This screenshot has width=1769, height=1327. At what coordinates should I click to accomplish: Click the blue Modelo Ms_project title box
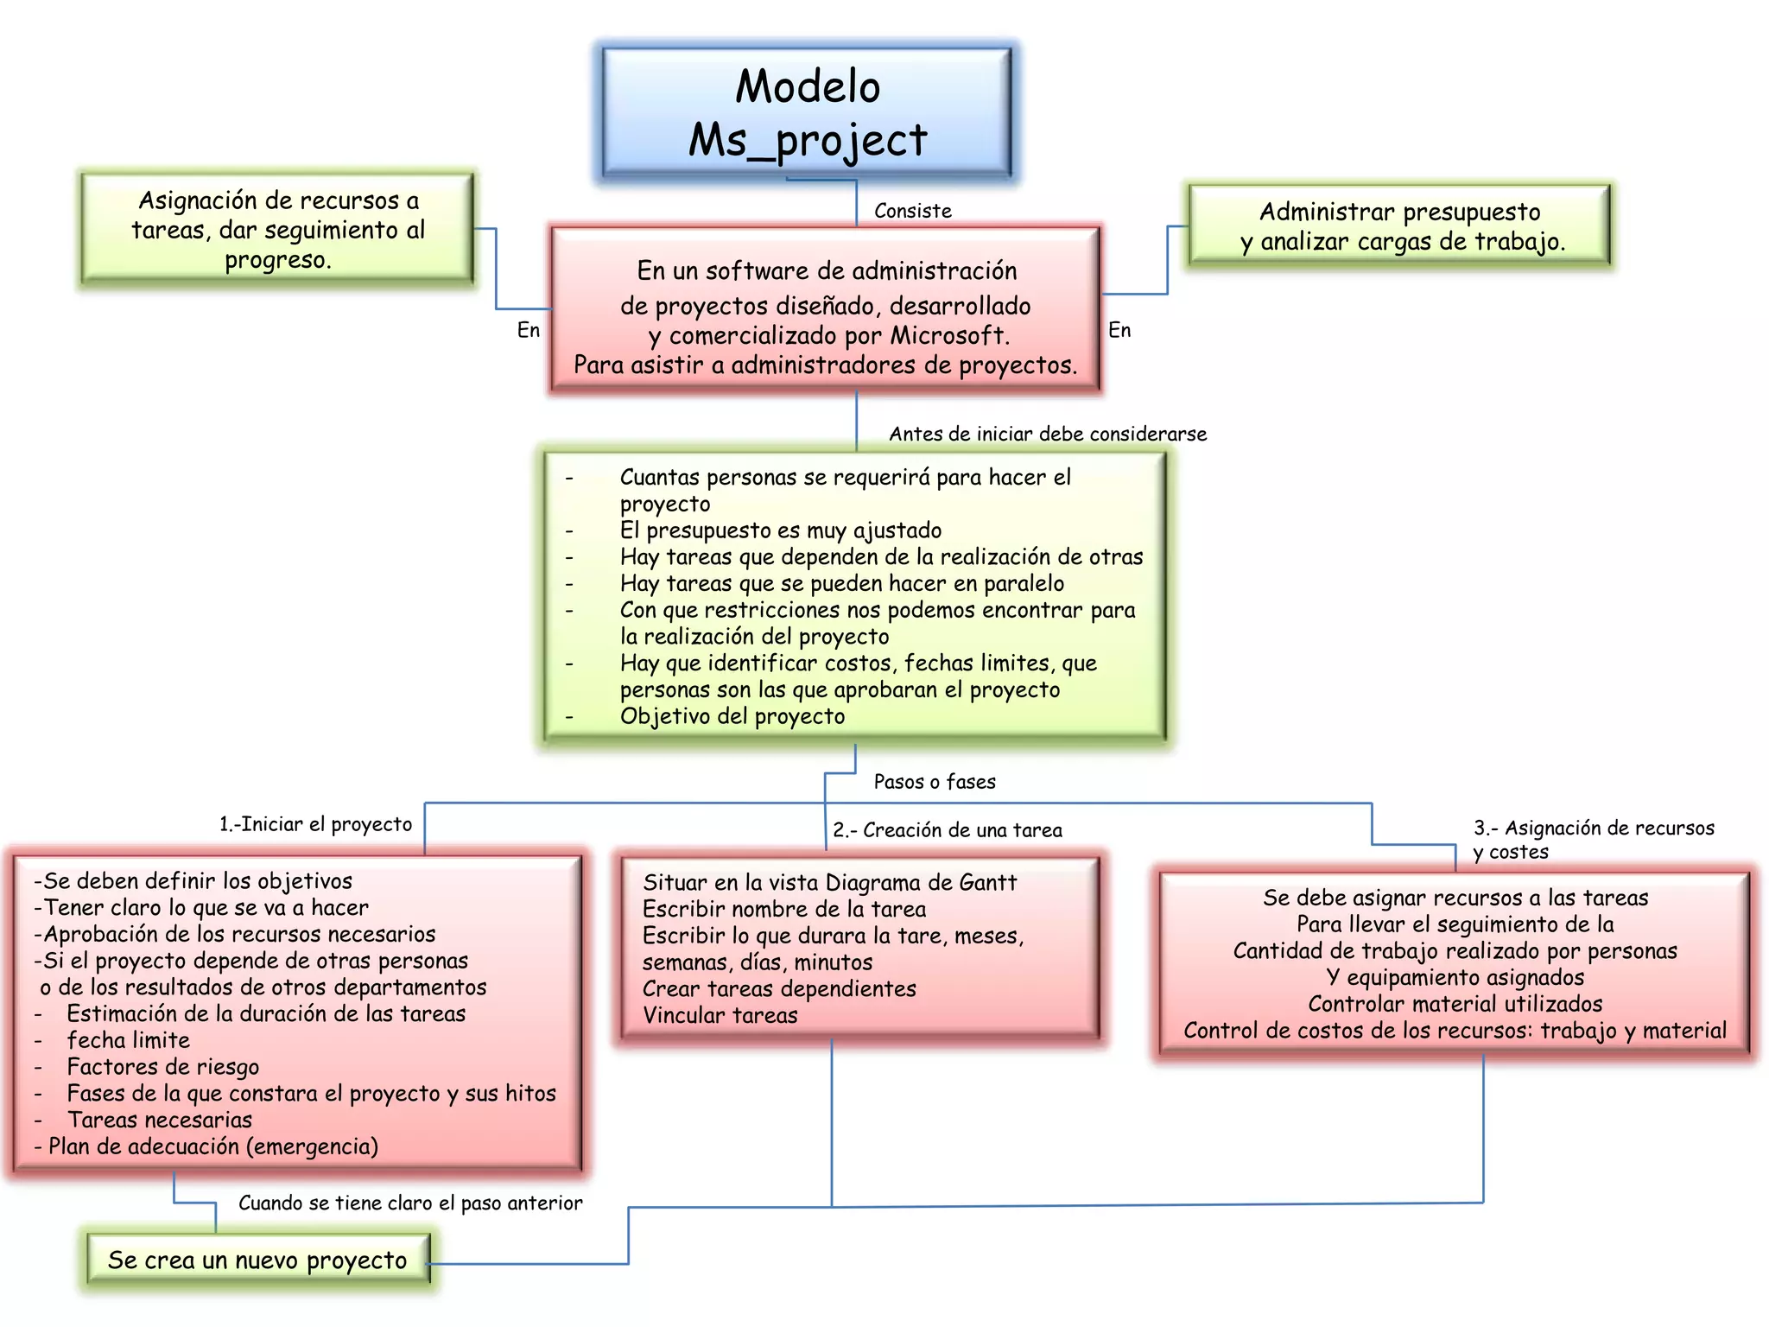click(x=806, y=112)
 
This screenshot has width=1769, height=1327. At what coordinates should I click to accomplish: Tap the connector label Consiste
click(x=912, y=211)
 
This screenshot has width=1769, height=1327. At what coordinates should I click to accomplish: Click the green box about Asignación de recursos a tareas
click(x=277, y=230)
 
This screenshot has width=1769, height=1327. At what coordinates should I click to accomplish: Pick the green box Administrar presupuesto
click(x=1399, y=225)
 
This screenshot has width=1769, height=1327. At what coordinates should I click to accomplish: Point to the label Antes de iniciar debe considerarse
click(x=1047, y=434)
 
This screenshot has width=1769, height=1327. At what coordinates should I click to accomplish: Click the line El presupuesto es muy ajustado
click(x=780, y=530)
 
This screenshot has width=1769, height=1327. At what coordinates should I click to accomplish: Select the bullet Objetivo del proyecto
click(x=732, y=716)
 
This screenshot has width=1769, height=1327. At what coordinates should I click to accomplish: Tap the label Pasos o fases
click(x=934, y=782)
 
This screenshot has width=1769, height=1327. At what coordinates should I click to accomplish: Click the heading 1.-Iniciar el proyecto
click(x=315, y=824)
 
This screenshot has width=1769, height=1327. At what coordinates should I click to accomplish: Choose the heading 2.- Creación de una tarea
click(x=947, y=830)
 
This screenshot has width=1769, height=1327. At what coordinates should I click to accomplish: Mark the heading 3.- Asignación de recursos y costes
click(x=1593, y=839)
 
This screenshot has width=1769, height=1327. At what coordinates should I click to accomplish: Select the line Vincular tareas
click(x=720, y=1016)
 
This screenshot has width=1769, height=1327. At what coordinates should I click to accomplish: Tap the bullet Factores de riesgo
click(x=162, y=1067)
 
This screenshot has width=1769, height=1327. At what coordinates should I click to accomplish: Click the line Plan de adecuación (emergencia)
click(x=212, y=1146)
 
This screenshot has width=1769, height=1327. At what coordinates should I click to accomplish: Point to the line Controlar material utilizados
click(x=1455, y=1004)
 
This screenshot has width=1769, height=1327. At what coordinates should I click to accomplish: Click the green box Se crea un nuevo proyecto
click(x=257, y=1260)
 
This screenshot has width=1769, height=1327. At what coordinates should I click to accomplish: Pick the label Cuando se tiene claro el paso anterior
click(x=410, y=1203)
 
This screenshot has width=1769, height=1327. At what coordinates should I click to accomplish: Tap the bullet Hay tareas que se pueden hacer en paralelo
click(x=841, y=584)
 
